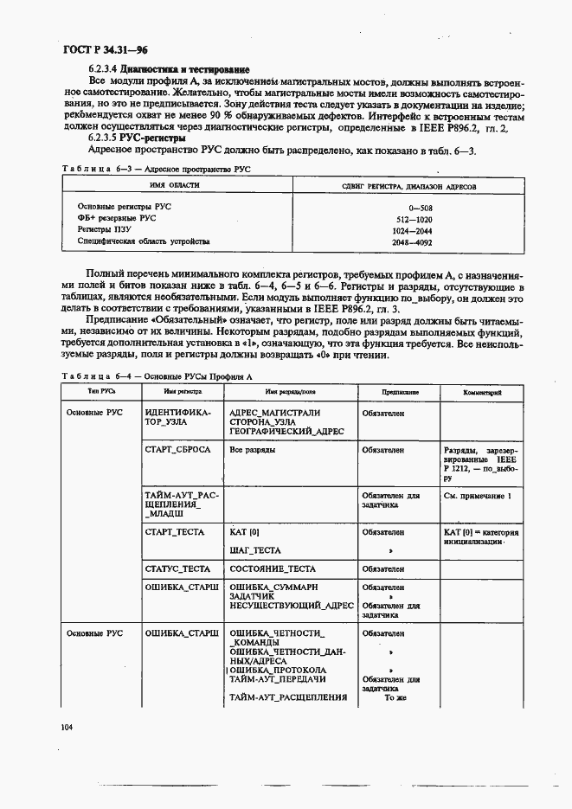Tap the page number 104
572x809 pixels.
pyautogui.click(x=67, y=727)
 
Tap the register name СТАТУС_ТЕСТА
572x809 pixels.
pyautogui.click(x=178, y=568)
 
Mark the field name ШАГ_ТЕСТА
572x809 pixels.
pyautogui.click(x=255, y=549)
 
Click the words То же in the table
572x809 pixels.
pyautogui.click(x=395, y=697)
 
